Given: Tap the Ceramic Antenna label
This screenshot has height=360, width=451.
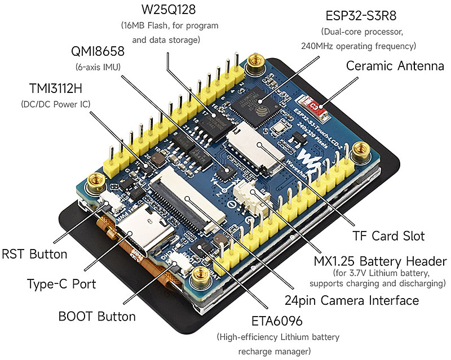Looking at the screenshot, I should tap(395, 66).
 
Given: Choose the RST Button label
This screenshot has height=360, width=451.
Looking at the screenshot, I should tap(34, 254).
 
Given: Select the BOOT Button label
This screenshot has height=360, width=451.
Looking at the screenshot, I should tap(97, 316).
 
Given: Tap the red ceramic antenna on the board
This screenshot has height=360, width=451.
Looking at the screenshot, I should tap(315, 105).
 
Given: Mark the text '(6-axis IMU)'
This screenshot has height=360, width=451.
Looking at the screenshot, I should tap(97, 67).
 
